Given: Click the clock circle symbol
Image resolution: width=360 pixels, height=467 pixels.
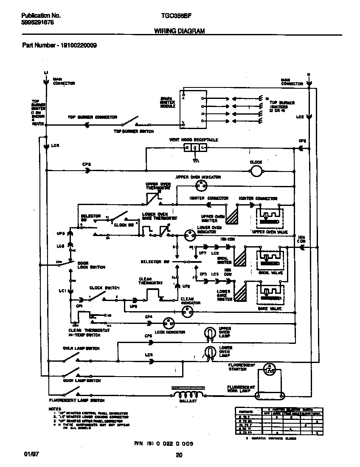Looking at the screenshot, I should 256,171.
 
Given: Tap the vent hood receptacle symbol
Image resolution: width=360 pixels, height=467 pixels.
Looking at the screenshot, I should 195,148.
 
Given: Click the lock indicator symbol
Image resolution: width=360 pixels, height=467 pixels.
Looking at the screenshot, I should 169,323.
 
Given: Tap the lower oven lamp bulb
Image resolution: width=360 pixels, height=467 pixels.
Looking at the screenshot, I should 209,351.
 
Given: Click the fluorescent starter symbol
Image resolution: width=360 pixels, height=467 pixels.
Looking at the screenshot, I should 268,369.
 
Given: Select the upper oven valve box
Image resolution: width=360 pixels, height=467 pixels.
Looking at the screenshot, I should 270,218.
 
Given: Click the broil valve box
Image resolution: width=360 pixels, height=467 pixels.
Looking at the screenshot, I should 270,259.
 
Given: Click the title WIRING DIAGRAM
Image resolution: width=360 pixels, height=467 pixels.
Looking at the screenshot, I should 179,31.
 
